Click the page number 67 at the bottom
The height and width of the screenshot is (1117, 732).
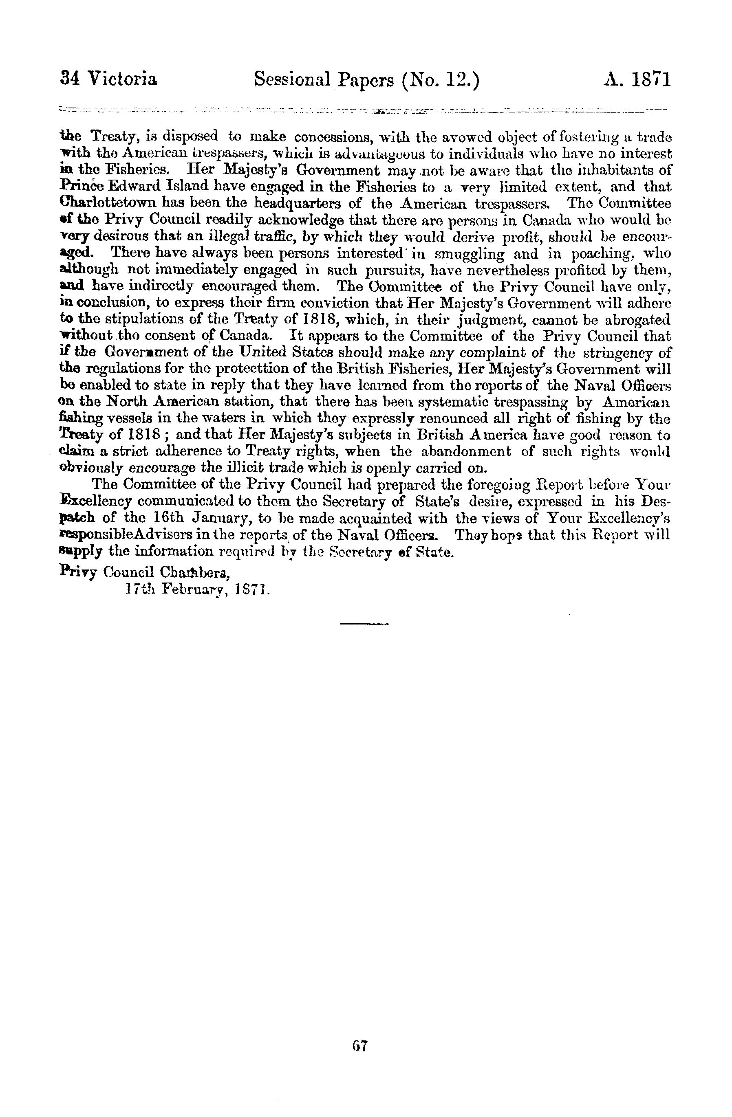pyautogui.click(x=361, y=1046)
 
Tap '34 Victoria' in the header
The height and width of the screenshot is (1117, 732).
pyautogui.click(x=109, y=79)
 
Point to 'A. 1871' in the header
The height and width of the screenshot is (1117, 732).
pyautogui.click(x=637, y=79)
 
